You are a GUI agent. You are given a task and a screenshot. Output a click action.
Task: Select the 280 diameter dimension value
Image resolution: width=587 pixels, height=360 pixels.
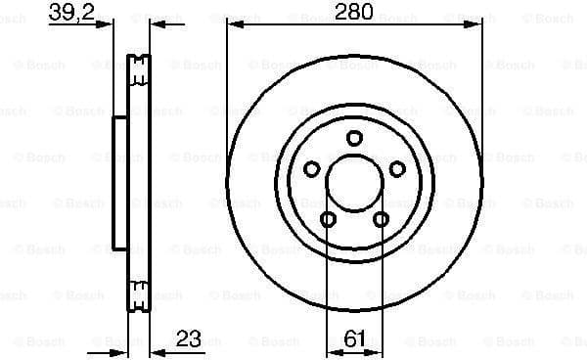point(352,14)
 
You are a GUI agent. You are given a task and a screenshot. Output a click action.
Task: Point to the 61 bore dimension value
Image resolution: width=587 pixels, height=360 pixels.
point(354,341)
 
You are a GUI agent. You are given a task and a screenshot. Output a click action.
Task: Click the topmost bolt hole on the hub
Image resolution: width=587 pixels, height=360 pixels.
point(355,138)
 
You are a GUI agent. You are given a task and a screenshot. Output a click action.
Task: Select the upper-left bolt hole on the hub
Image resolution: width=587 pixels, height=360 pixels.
point(312,170)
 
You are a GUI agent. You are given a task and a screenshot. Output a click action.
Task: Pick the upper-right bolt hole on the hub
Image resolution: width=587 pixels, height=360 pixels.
point(397,170)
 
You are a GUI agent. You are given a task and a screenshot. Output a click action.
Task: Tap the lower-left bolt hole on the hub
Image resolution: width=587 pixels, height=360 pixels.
point(329,218)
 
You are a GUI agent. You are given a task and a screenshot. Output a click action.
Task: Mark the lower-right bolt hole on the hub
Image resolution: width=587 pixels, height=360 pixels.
point(382,218)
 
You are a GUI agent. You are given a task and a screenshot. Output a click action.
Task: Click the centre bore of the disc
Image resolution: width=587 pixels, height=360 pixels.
point(355,182)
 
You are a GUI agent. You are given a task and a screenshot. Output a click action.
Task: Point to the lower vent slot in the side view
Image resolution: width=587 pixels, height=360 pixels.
point(140,290)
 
